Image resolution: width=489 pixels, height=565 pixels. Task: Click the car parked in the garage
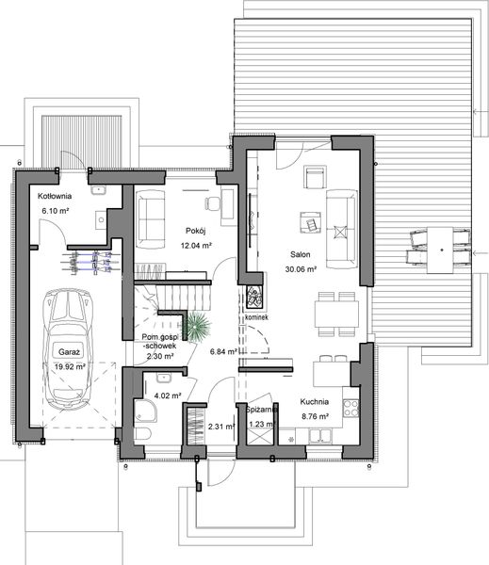pos(68,347)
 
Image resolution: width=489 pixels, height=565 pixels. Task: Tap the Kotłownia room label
pos(57,196)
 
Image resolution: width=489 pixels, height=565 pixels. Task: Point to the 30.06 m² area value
pos(302,268)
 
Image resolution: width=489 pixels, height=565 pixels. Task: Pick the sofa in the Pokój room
pos(151,214)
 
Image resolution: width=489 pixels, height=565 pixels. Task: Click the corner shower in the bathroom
pos(146,409)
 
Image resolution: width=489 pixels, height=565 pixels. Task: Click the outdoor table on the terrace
pos(440,248)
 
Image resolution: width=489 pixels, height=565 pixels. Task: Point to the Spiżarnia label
pos(260,411)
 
